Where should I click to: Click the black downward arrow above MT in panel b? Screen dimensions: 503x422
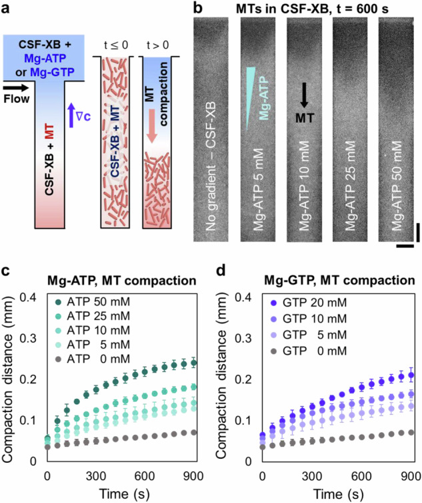pyautogui.click(x=304, y=94)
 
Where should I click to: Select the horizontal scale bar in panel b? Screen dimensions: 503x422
pyautogui.click(x=403, y=246)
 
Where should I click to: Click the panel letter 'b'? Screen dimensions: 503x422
pyautogui.click(x=197, y=9)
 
